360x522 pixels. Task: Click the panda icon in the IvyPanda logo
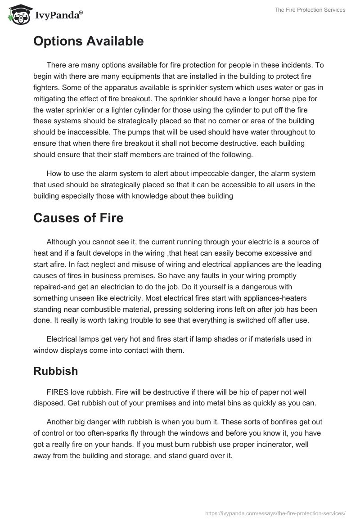pos(18,14)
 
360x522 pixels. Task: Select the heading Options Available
pos(88,41)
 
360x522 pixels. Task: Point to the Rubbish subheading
pos(56,371)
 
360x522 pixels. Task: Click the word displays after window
pos(81,350)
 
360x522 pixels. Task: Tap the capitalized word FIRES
pos(58,392)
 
